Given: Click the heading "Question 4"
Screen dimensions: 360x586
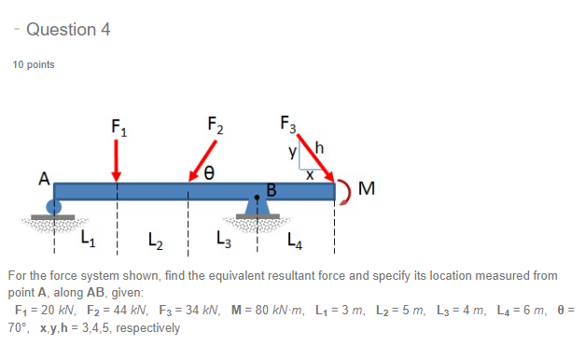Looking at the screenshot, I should pos(68,30).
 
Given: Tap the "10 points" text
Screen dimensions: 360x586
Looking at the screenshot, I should pos(33,65).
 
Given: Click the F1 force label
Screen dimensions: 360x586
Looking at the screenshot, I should pos(118,127).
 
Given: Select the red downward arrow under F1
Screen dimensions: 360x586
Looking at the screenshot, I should pos(117,160).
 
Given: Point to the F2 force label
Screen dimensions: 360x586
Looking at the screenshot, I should pos(214,127).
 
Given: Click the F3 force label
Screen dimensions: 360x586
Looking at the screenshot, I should pos(287,124).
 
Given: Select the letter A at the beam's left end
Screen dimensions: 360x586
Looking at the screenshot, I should pos(43,180).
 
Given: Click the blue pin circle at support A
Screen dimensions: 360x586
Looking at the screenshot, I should pos(56,208).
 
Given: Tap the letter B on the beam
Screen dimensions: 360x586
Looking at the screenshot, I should pos(272,191).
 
